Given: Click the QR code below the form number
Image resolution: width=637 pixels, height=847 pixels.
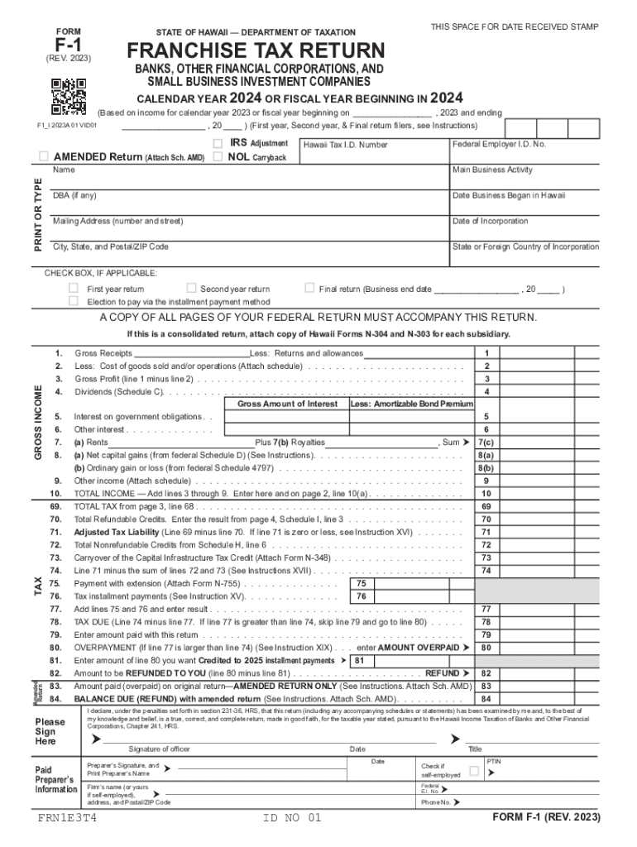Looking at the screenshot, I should tap(69, 97).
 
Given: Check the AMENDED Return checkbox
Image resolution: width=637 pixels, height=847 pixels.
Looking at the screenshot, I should tap(44, 157).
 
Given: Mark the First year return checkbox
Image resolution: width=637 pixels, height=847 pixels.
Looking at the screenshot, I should tap(73, 289).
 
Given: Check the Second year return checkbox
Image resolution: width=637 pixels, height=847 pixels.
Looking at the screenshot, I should tap(191, 289).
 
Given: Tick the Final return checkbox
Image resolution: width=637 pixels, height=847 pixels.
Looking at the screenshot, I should tap(309, 289).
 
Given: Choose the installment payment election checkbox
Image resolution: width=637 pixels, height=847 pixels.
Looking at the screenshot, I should tap(73, 301).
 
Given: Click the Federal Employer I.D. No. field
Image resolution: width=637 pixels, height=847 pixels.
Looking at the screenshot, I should tap(524, 156).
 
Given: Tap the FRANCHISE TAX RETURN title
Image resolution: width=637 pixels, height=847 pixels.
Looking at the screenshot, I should tap(256, 50).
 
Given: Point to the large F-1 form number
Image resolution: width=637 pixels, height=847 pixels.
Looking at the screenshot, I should tap(69, 43).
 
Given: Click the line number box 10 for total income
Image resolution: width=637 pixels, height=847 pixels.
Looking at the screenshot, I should tap(486, 493).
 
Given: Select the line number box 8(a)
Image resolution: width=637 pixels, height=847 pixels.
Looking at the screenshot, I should tap(486, 455).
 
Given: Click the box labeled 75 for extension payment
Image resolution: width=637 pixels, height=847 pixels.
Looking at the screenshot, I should tap(361, 583).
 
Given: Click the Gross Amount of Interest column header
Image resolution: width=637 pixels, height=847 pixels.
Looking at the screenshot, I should tap(287, 404).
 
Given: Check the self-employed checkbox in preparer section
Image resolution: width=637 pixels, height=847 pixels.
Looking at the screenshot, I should tap(474, 771).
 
